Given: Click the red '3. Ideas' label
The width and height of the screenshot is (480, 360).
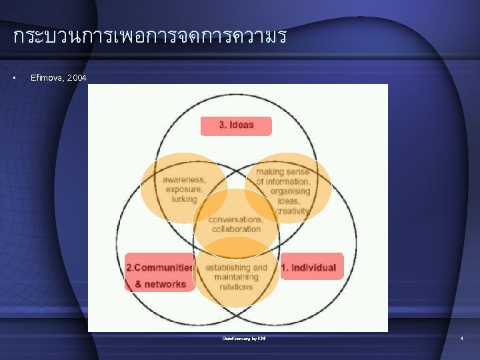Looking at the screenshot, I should click(236, 125).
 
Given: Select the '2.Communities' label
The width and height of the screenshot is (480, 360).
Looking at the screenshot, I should click(159, 267).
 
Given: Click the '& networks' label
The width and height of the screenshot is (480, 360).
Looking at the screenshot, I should click(160, 284).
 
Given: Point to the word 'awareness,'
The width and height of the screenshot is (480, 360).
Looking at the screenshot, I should click(183, 179).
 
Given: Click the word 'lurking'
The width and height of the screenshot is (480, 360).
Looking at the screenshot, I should click(184, 199).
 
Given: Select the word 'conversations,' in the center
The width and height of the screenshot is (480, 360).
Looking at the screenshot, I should click(236, 219).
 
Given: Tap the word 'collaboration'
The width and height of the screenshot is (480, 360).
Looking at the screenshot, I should click(236, 229).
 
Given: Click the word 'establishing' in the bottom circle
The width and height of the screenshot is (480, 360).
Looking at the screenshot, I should click(236, 267).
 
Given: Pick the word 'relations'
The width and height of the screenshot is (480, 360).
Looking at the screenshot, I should click(236, 287).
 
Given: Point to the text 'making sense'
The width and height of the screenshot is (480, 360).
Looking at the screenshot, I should click(283, 171).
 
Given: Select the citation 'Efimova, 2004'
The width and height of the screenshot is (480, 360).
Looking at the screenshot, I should click(59, 78).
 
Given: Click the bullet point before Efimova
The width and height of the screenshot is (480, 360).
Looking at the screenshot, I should click(15, 78).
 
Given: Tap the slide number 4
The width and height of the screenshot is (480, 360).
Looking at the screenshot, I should click(461, 339).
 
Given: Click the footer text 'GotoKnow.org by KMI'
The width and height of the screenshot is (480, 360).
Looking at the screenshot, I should click(244, 339).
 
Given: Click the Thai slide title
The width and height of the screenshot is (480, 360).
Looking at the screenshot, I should click(149, 36).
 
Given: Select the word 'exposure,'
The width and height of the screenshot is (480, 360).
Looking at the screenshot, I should click(183, 189).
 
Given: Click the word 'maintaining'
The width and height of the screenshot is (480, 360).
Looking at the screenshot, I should click(236, 277).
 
